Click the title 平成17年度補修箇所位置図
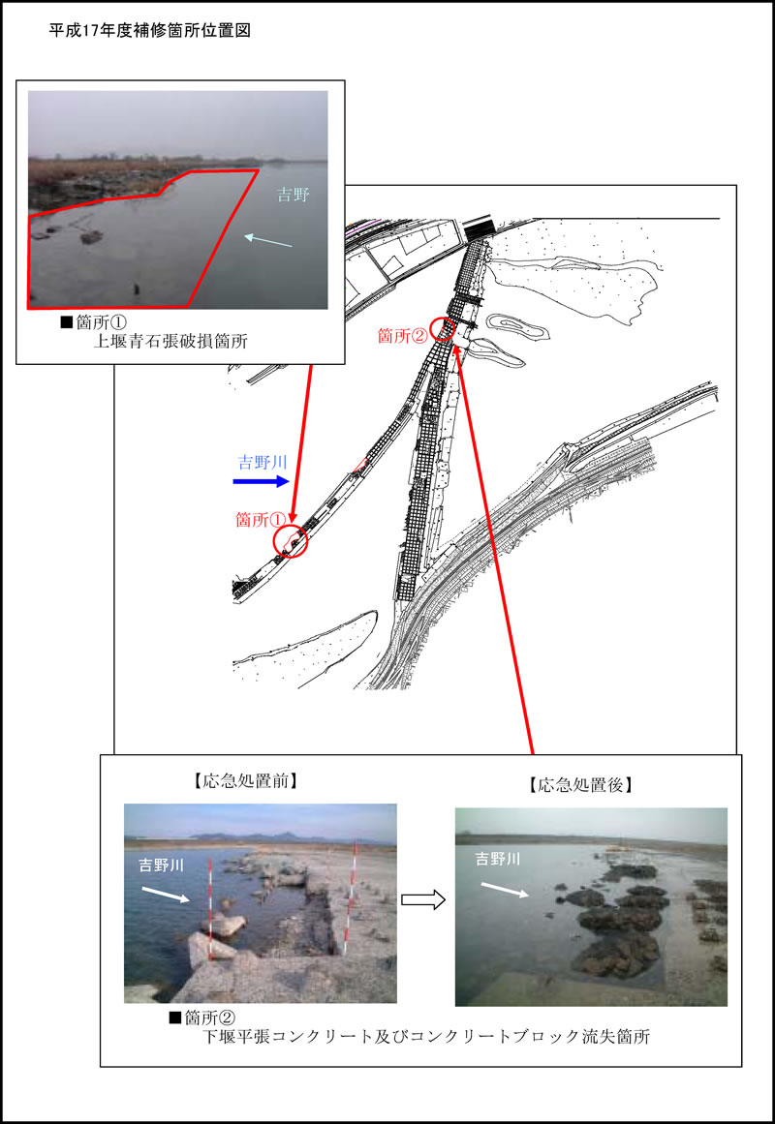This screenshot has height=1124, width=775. pos(149,30)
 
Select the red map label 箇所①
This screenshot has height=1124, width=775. pos(262,520)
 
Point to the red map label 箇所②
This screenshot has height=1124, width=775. pos(403,335)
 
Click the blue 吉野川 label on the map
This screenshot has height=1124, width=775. pos(263,462)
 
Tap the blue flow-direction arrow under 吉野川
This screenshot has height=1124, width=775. pos(262,481)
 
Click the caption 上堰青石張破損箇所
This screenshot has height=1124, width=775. pos(170,341)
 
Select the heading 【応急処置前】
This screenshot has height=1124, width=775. pos(245,780)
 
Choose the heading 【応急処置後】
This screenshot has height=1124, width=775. pos(580,785)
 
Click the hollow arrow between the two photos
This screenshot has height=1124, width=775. pos(423,899)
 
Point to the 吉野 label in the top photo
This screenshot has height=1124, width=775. pos(294,195)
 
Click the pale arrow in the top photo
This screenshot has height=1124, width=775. pos(267,240)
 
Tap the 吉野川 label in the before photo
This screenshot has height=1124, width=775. pos(162,866)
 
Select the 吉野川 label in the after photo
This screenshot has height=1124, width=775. pos(498,858)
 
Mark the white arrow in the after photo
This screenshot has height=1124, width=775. pos(505,890)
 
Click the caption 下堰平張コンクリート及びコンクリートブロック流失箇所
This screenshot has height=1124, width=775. pos(427,1036)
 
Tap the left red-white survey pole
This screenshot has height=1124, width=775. pos(209,909)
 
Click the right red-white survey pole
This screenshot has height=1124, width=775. pos(350,898)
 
